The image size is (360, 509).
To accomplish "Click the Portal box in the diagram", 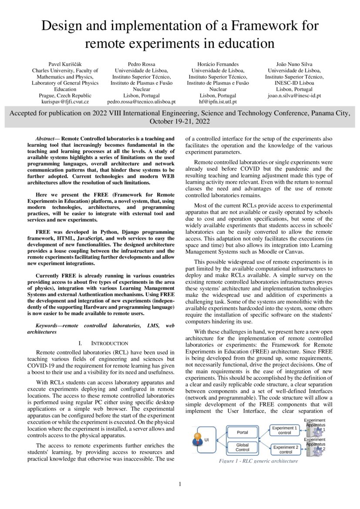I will point(242,432).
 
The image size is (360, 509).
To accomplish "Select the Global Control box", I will point(242,447).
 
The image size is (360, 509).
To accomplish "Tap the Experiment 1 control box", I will point(284,430).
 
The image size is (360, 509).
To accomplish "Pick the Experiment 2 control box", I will point(286,449).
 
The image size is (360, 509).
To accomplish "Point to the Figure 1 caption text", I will point(258,461).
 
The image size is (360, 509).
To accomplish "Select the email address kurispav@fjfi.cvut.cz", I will point(65,101).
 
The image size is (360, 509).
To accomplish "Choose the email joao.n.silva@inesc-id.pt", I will point(294,95).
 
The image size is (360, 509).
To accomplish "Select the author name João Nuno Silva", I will point(294,64).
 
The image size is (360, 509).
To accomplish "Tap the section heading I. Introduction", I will point(103,343).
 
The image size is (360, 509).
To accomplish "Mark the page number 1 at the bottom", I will point(180,484).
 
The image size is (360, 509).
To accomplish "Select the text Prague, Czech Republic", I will point(65,95).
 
